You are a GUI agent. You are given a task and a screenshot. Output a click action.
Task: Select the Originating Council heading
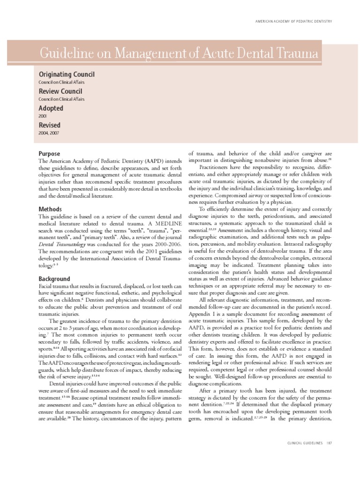(x=66, y=75)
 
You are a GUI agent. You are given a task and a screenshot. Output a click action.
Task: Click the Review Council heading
(x=60, y=91)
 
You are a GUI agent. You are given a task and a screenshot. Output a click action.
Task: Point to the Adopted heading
(x=51, y=108)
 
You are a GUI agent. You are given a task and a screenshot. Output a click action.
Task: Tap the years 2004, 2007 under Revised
(x=48, y=133)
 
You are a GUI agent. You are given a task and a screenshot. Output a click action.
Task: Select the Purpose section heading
(x=49, y=154)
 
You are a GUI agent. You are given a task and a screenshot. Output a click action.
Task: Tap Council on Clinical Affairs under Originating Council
(x=61, y=82)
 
